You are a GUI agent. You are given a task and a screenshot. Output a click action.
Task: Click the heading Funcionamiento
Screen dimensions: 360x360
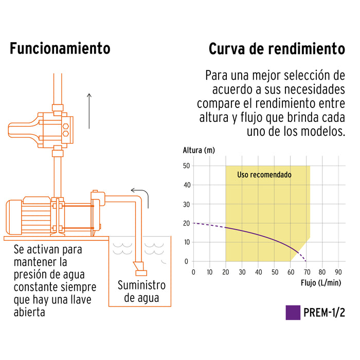[x=60, y=49]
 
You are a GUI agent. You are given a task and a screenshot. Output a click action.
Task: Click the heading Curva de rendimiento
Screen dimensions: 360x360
[x=277, y=49]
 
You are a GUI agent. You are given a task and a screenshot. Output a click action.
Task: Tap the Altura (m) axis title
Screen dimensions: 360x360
[x=199, y=151]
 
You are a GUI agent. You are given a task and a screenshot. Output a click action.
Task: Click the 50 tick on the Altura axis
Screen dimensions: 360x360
[x=186, y=166]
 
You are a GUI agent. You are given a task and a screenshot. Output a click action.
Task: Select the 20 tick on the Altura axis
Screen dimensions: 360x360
[x=186, y=223]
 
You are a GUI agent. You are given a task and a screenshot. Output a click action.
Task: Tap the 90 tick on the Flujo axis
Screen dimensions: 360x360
[x=339, y=272]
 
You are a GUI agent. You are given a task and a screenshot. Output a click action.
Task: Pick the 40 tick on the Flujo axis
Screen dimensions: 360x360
[x=258, y=272]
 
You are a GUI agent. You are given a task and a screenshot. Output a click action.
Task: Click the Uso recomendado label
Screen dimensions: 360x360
[x=264, y=175]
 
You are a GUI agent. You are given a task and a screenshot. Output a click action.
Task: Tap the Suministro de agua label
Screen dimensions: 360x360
[x=141, y=291]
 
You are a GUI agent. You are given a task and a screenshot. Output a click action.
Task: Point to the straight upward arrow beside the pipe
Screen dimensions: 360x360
[x=89, y=110]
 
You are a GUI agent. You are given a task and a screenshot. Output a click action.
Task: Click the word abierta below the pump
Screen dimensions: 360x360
[x=30, y=312]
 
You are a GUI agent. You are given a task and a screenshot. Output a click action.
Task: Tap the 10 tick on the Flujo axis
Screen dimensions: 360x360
[x=209, y=272]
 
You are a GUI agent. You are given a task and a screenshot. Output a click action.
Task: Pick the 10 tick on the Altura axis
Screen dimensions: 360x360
[x=186, y=242]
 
